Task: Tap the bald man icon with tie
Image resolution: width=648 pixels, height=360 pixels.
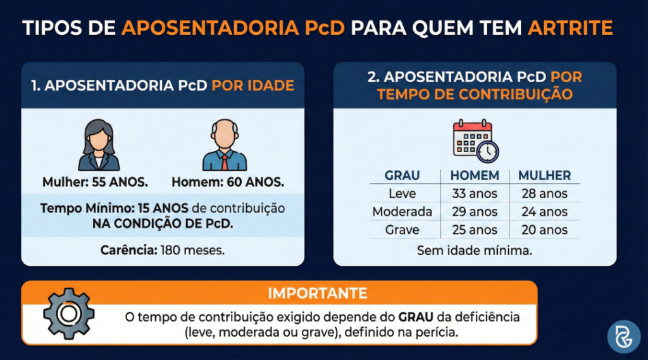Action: tap(225, 146)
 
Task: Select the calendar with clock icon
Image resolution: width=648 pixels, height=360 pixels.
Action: tap(475, 140)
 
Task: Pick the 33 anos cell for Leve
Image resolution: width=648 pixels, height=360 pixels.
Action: tap(475, 194)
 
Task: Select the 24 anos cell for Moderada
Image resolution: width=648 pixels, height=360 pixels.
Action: tap(544, 212)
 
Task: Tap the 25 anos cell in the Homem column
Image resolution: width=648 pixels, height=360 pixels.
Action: tap(475, 230)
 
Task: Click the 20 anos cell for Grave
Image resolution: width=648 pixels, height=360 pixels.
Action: tap(544, 230)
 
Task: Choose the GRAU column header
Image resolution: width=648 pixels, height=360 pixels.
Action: tap(402, 175)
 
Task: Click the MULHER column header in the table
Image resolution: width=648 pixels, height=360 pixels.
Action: tap(544, 175)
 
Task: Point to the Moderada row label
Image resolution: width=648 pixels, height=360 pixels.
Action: tap(402, 212)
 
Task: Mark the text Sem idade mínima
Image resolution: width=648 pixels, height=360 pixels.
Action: tap(474, 251)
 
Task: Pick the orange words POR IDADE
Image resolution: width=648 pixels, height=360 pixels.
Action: tap(253, 85)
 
